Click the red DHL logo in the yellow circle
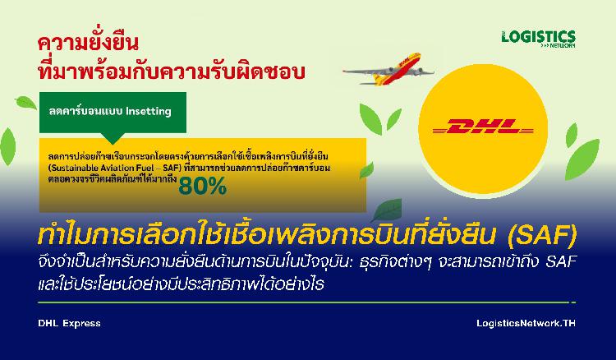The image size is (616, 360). (483, 126)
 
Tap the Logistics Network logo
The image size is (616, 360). (538, 39)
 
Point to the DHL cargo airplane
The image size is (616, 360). (388, 69)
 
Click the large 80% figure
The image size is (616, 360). (202, 186)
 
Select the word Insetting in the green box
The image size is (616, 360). (149, 111)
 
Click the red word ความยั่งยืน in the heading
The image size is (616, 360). (88, 42)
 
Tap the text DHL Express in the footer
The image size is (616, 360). (69, 324)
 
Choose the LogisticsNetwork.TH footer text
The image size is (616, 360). (526, 324)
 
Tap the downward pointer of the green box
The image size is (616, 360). (113, 138)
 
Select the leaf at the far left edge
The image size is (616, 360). (7, 146)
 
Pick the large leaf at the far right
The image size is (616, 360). (582, 159)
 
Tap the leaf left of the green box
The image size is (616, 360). (26, 103)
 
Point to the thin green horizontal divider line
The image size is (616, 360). (307, 302)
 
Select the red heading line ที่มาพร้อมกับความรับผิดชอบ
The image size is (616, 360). (172, 72)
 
